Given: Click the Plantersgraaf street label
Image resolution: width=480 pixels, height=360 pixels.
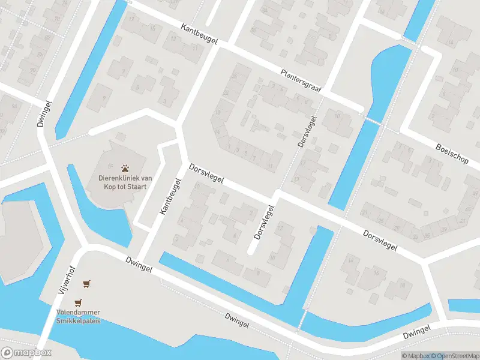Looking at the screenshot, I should tap(301, 81).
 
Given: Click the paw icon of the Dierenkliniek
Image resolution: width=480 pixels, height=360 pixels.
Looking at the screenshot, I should tap(125, 169).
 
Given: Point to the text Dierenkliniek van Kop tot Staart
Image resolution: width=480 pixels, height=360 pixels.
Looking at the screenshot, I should tap(125, 182).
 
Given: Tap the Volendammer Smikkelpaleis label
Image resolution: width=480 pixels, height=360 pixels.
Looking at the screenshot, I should tap(78, 316).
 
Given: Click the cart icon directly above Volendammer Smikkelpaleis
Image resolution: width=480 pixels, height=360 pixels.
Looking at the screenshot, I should tap(77, 303).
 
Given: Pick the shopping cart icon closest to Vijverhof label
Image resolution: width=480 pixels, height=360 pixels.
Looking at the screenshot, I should tap(88, 283).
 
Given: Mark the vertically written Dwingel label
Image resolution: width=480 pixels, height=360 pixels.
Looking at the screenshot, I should tap(41, 113).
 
